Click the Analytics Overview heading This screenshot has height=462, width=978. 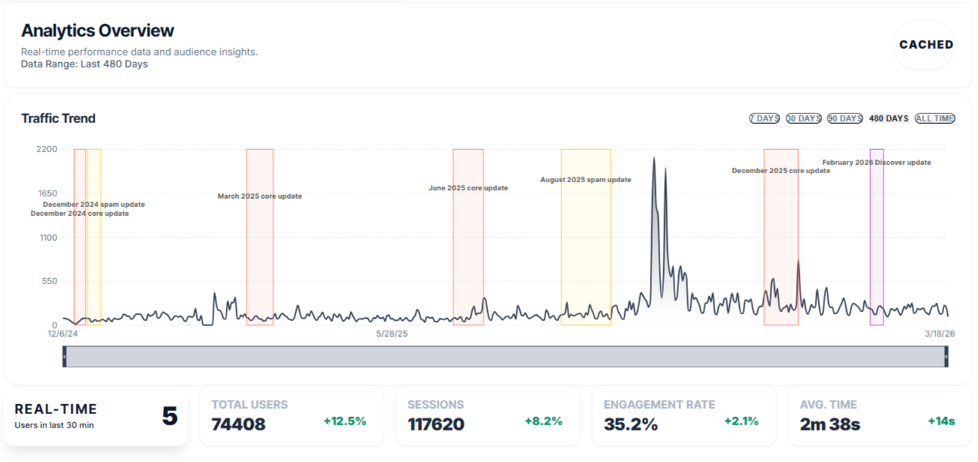pyautogui.click(x=97, y=31)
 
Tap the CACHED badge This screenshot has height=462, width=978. pyautogui.click(x=926, y=44)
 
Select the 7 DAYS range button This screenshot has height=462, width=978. pyautogui.click(x=764, y=118)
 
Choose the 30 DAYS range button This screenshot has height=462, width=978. pyautogui.click(x=803, y=118)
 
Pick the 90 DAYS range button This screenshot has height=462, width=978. pyautogui.click(x=845, y=118)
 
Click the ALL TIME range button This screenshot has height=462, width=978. pyautogui.click(x=935, y=118)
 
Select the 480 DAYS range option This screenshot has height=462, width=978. pyautogui.click(x=889, y=118)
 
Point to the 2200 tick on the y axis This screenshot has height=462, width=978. pyautogui.click(x=46, y=149)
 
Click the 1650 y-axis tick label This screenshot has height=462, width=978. pyautogui.click(x=46, y=193)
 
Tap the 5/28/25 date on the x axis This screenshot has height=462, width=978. pyautogui.click(x=392, y=334)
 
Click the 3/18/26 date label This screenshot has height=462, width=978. pyautogui.click(x=939, y=334)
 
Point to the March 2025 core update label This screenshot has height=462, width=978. pyautogui.click(x=259, y=196)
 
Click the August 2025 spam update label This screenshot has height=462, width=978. pyautogui.click(x=585, y=180)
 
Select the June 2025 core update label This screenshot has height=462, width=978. pyautogui.click(x=468, y=188)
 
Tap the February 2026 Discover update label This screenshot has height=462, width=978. pyautogui.click(x=876, y=163)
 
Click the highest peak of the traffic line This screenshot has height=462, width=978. pyautogui.click(x=653, y=157)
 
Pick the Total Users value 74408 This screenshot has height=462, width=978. pyautogui.click(x=238, y=424)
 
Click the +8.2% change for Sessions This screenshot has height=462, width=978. pyautogui.click(x=543, y=421)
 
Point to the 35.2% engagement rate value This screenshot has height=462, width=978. pyautogui.click(x=630, y=424)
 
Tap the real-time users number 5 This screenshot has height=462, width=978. pyautogui.click(x=170, y=416)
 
